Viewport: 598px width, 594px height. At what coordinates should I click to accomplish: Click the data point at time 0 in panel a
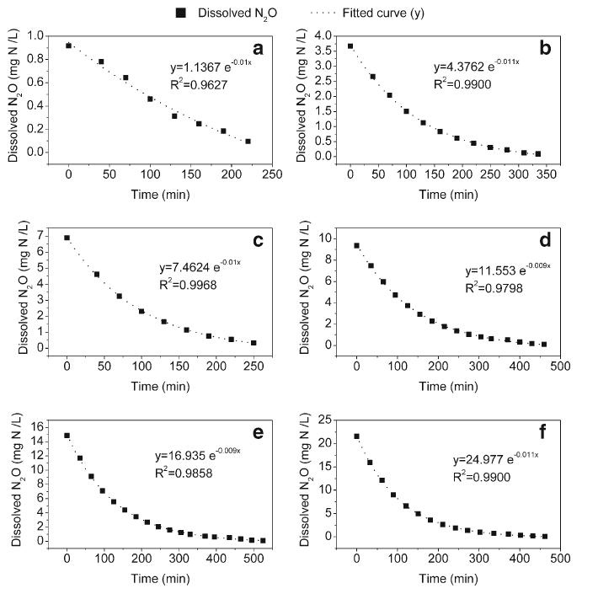pyautogui.click(x=68, y=45)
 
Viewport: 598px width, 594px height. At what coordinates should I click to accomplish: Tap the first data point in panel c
pyautogui.click(x=67, y=238)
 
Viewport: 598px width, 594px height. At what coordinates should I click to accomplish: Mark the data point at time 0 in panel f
pyautogui.click(x=357, y=436)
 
